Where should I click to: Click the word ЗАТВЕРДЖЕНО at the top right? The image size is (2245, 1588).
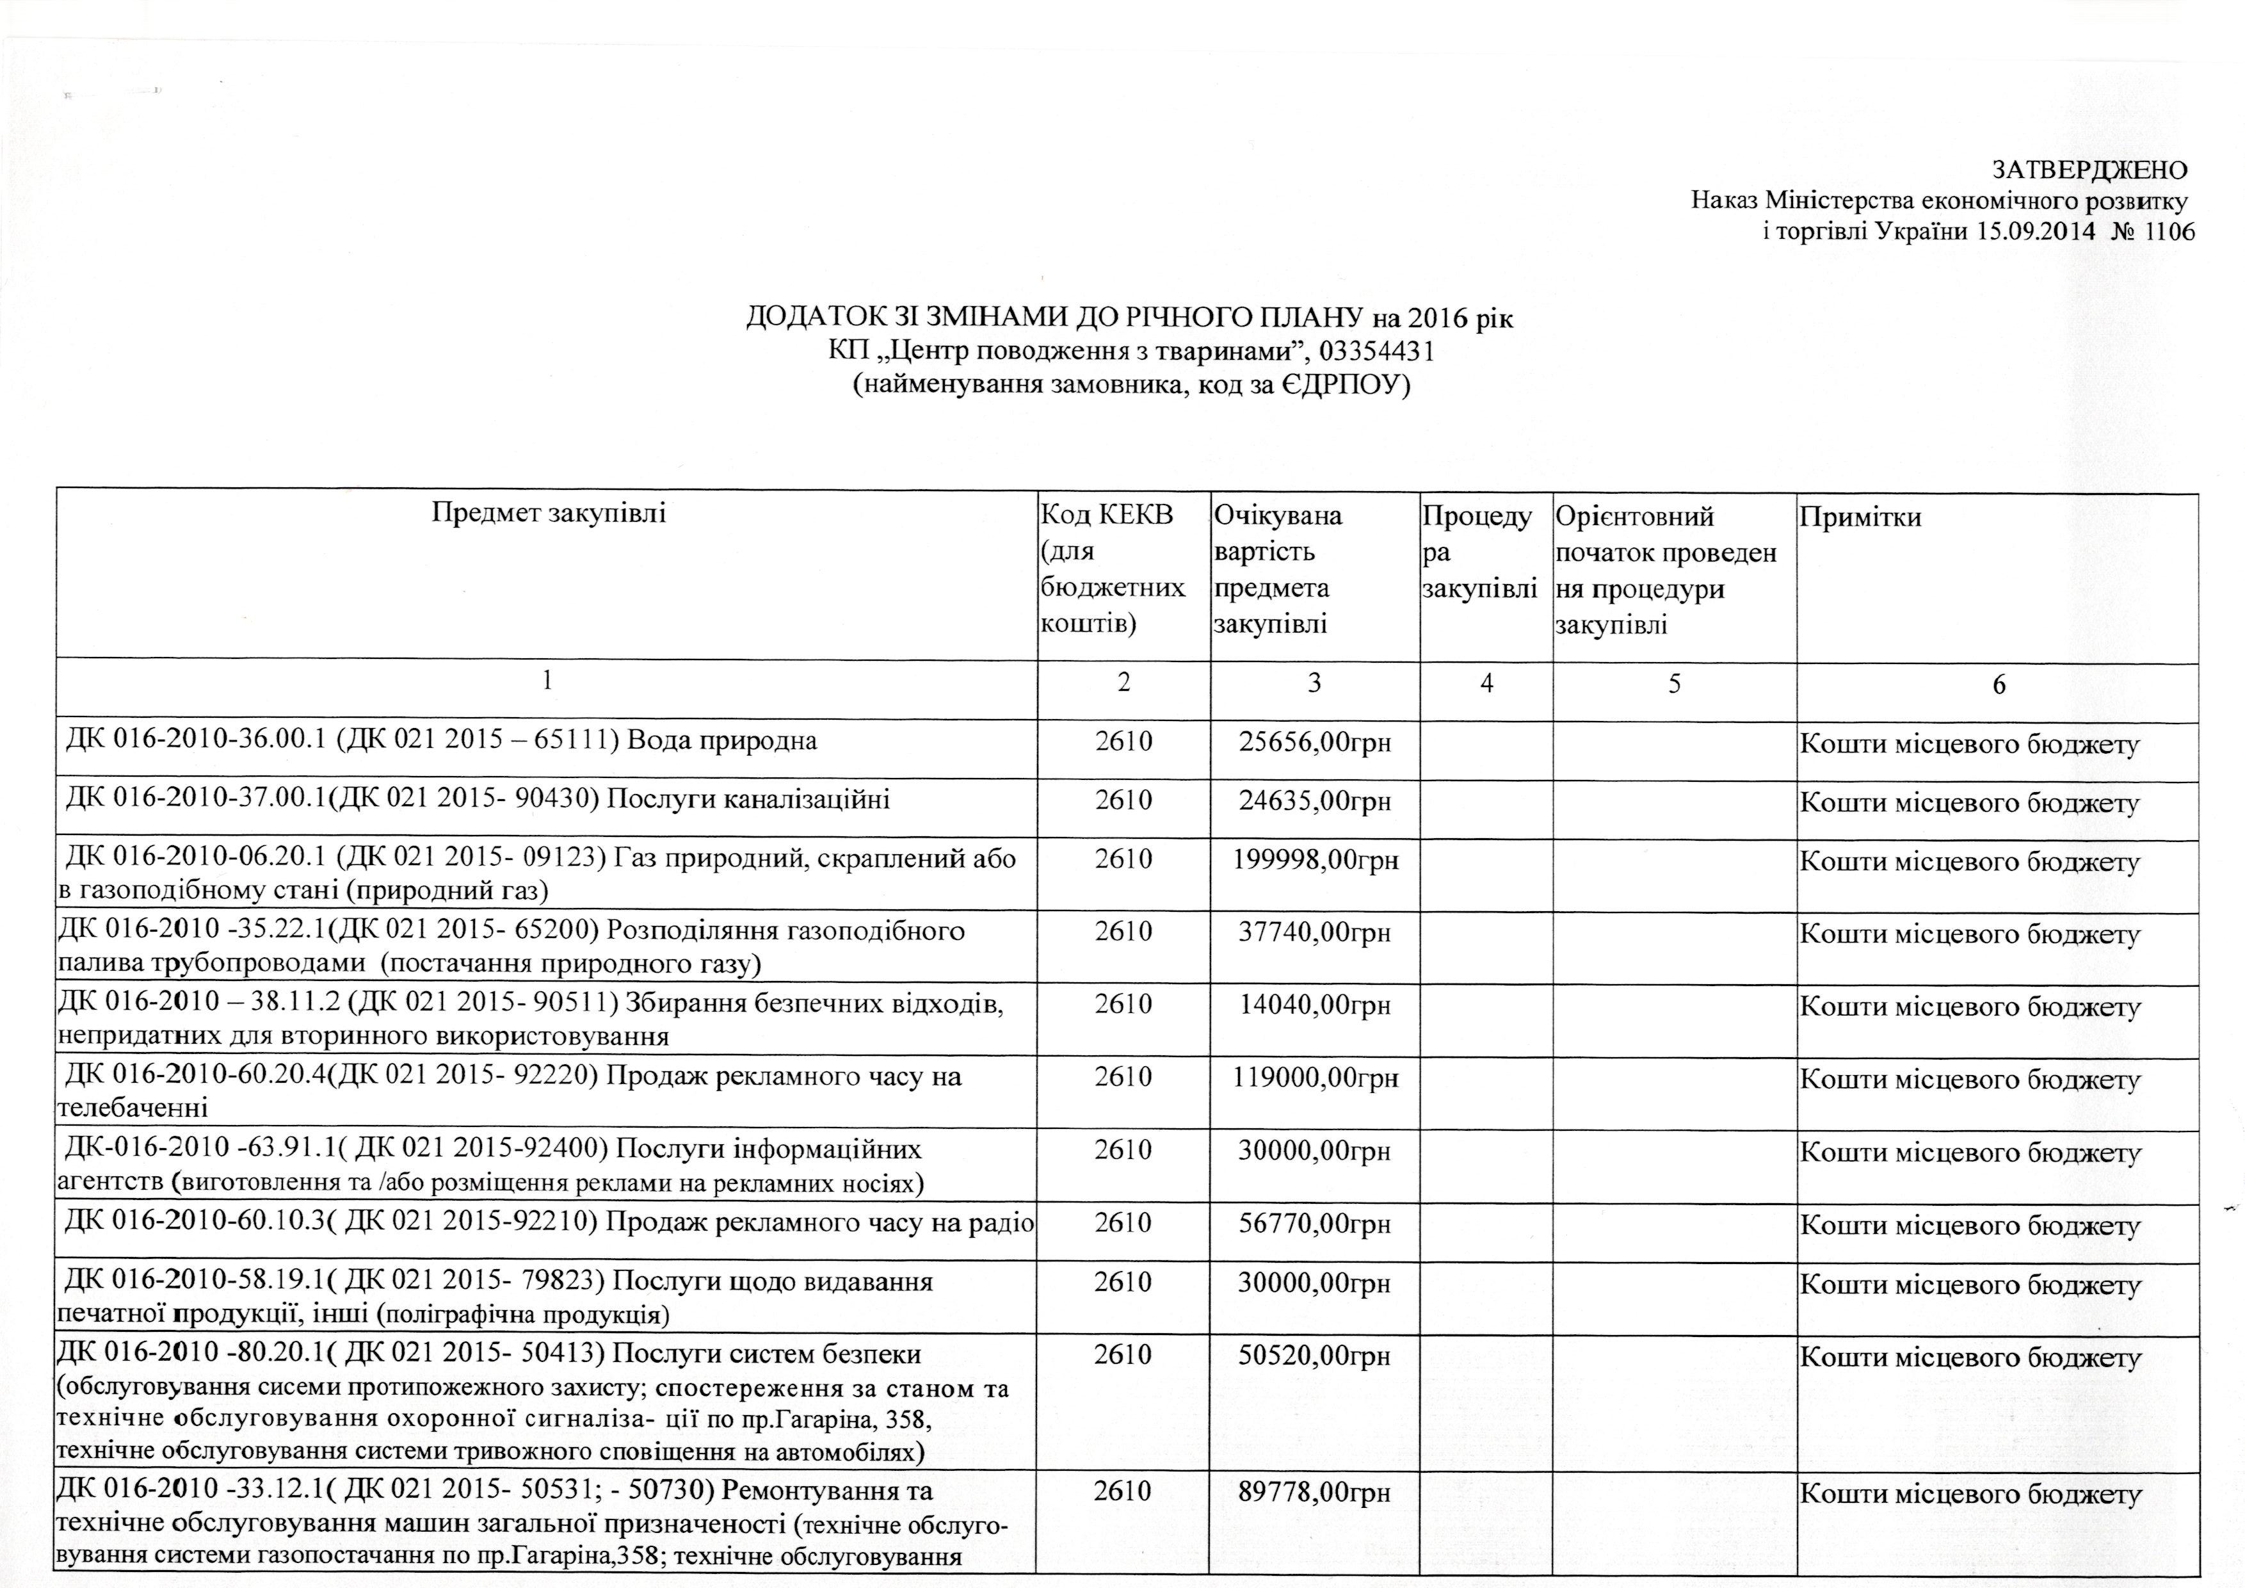[x=2072, y=169]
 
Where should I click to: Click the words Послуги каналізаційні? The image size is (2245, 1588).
[x=749, y=800]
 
